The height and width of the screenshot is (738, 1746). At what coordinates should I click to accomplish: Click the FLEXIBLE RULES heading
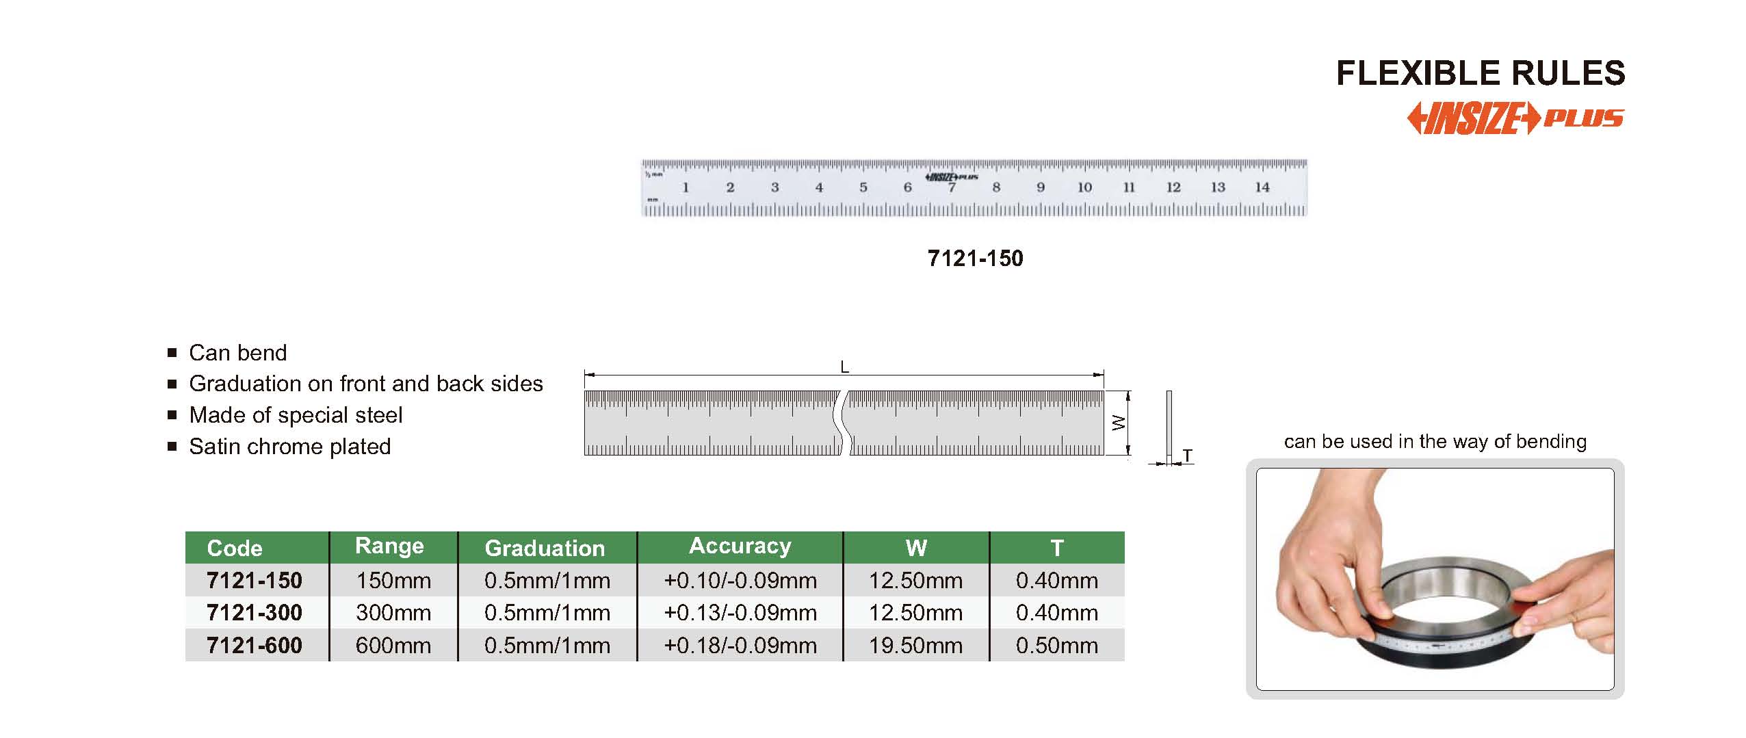1481,73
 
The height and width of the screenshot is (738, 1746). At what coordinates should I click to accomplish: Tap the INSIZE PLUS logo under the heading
1515,118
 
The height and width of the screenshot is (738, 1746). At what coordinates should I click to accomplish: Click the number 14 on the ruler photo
1262,187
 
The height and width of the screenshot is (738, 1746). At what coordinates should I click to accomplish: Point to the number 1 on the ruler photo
686,187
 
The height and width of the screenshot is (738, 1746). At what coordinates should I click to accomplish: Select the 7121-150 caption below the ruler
975,259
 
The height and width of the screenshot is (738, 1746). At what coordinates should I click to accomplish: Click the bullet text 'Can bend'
237,353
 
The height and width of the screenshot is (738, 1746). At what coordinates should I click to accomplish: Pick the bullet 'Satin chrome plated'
290,447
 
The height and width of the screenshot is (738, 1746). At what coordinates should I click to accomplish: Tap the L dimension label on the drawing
844,367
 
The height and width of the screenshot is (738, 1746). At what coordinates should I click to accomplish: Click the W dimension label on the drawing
1119,423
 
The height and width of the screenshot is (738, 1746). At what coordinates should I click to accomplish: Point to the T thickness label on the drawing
1187,456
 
